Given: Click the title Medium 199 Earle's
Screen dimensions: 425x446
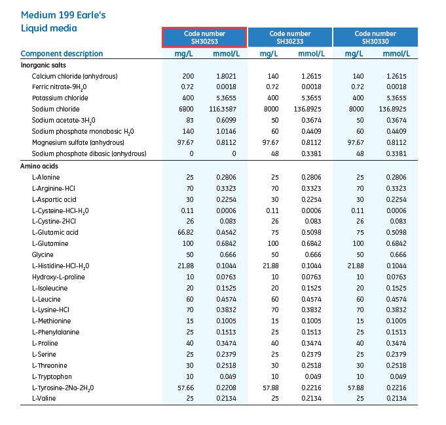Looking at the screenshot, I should [55, 14].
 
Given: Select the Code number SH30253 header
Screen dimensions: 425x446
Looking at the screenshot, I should [204, 37].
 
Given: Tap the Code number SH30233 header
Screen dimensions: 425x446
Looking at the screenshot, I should [290, 37].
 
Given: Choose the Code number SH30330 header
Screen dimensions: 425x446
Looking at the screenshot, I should [375, 37].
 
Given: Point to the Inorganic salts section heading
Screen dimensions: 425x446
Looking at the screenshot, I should [43, 65].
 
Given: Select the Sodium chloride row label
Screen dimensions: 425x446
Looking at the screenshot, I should [56, 109].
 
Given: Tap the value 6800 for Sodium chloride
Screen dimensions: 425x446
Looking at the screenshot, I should [188, 109].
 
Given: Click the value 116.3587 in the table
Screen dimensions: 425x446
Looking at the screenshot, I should [227, 109].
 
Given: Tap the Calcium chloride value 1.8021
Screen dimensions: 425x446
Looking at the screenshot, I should [227, 76].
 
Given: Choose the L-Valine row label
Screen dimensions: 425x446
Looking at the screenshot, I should [45, 399].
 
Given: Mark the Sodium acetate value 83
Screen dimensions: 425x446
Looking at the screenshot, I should [190, 120].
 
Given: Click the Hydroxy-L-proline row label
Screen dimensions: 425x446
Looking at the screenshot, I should [58, 277].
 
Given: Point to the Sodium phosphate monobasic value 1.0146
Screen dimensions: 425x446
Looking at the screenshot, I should [227, 131].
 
